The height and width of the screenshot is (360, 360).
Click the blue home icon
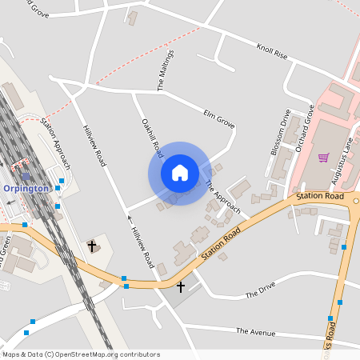pos(180,173)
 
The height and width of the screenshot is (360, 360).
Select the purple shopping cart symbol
pos(323,158)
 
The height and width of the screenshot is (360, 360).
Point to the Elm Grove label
pos(219,118)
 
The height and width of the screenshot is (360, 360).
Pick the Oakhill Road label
pos(153,138)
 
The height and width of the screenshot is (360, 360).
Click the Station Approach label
pos(56,144)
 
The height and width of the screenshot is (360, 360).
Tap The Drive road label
pos(260,290)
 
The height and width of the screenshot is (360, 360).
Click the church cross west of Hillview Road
pos(92,246)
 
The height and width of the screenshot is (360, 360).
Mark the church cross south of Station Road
pos(181,286)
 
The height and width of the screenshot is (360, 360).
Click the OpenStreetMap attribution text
pos(81,354)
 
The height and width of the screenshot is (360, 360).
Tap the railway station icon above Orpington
pos(26,177)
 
